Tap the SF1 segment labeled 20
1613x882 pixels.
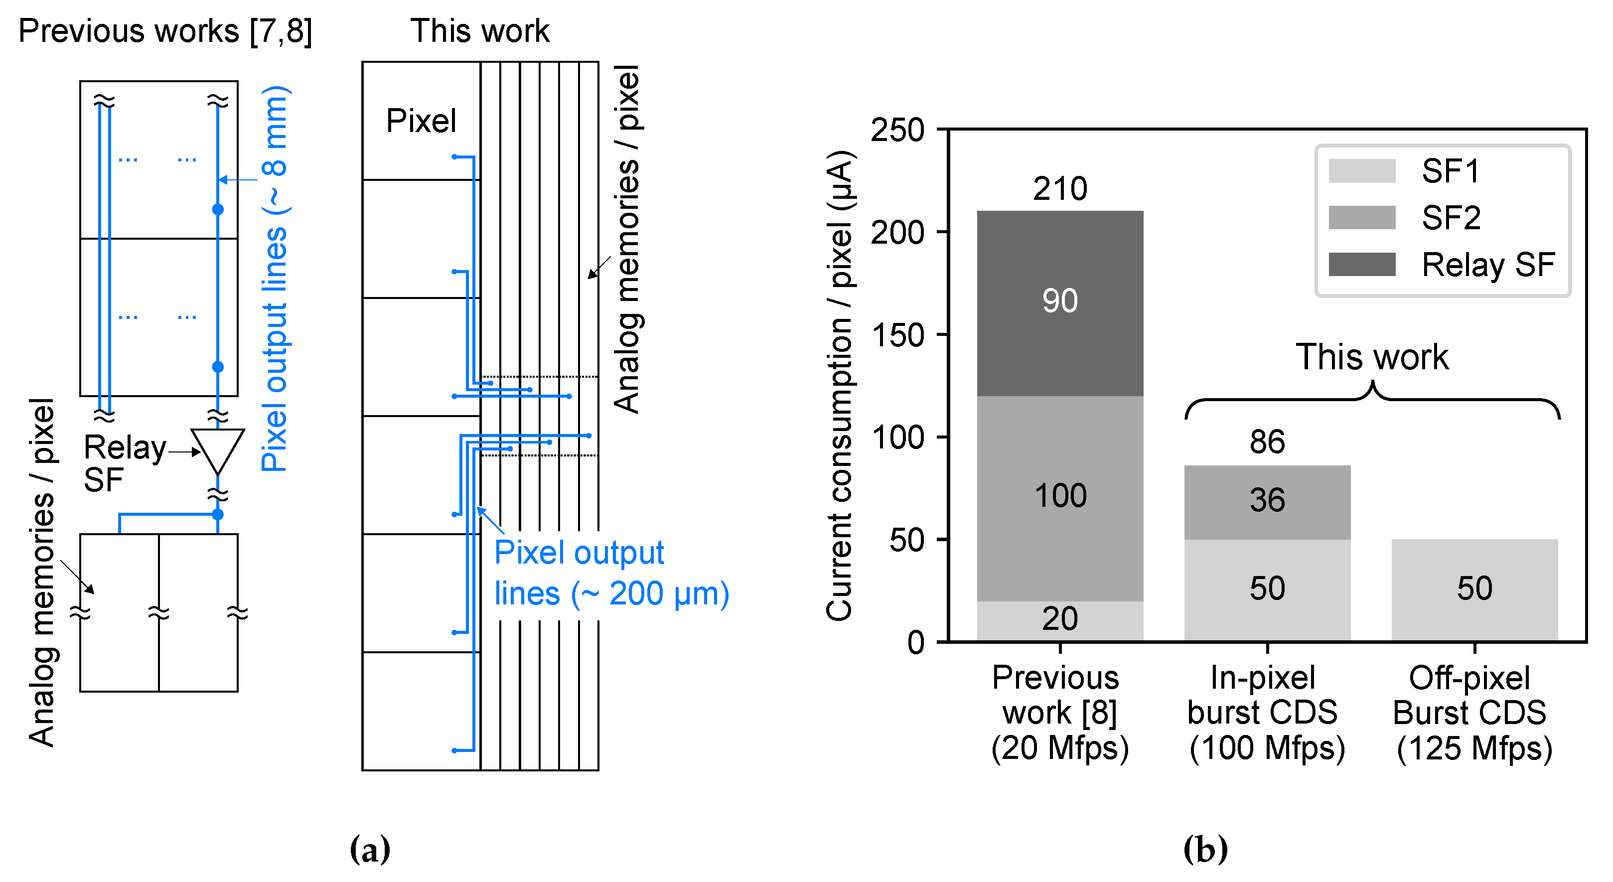click(x=1059, y=620)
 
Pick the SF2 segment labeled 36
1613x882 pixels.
click(x=1267, y=501)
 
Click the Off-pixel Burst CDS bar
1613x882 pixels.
click(x=1474, y=589)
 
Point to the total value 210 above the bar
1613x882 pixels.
click(x=1059, y=189)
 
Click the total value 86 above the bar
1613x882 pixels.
click(x=1267, y=442)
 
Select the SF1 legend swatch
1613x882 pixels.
click(x=1361, y=171)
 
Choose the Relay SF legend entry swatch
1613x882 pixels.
click(x=1361, y=264)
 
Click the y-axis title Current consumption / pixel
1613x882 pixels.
click(x=839, y=385)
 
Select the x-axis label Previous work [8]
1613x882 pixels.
click(x=1059, y=713)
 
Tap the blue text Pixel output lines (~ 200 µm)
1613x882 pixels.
click(x=610, y=573)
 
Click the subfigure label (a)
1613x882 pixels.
click(x=369, y=850)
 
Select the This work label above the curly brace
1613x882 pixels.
click(x=1371, y=357)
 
